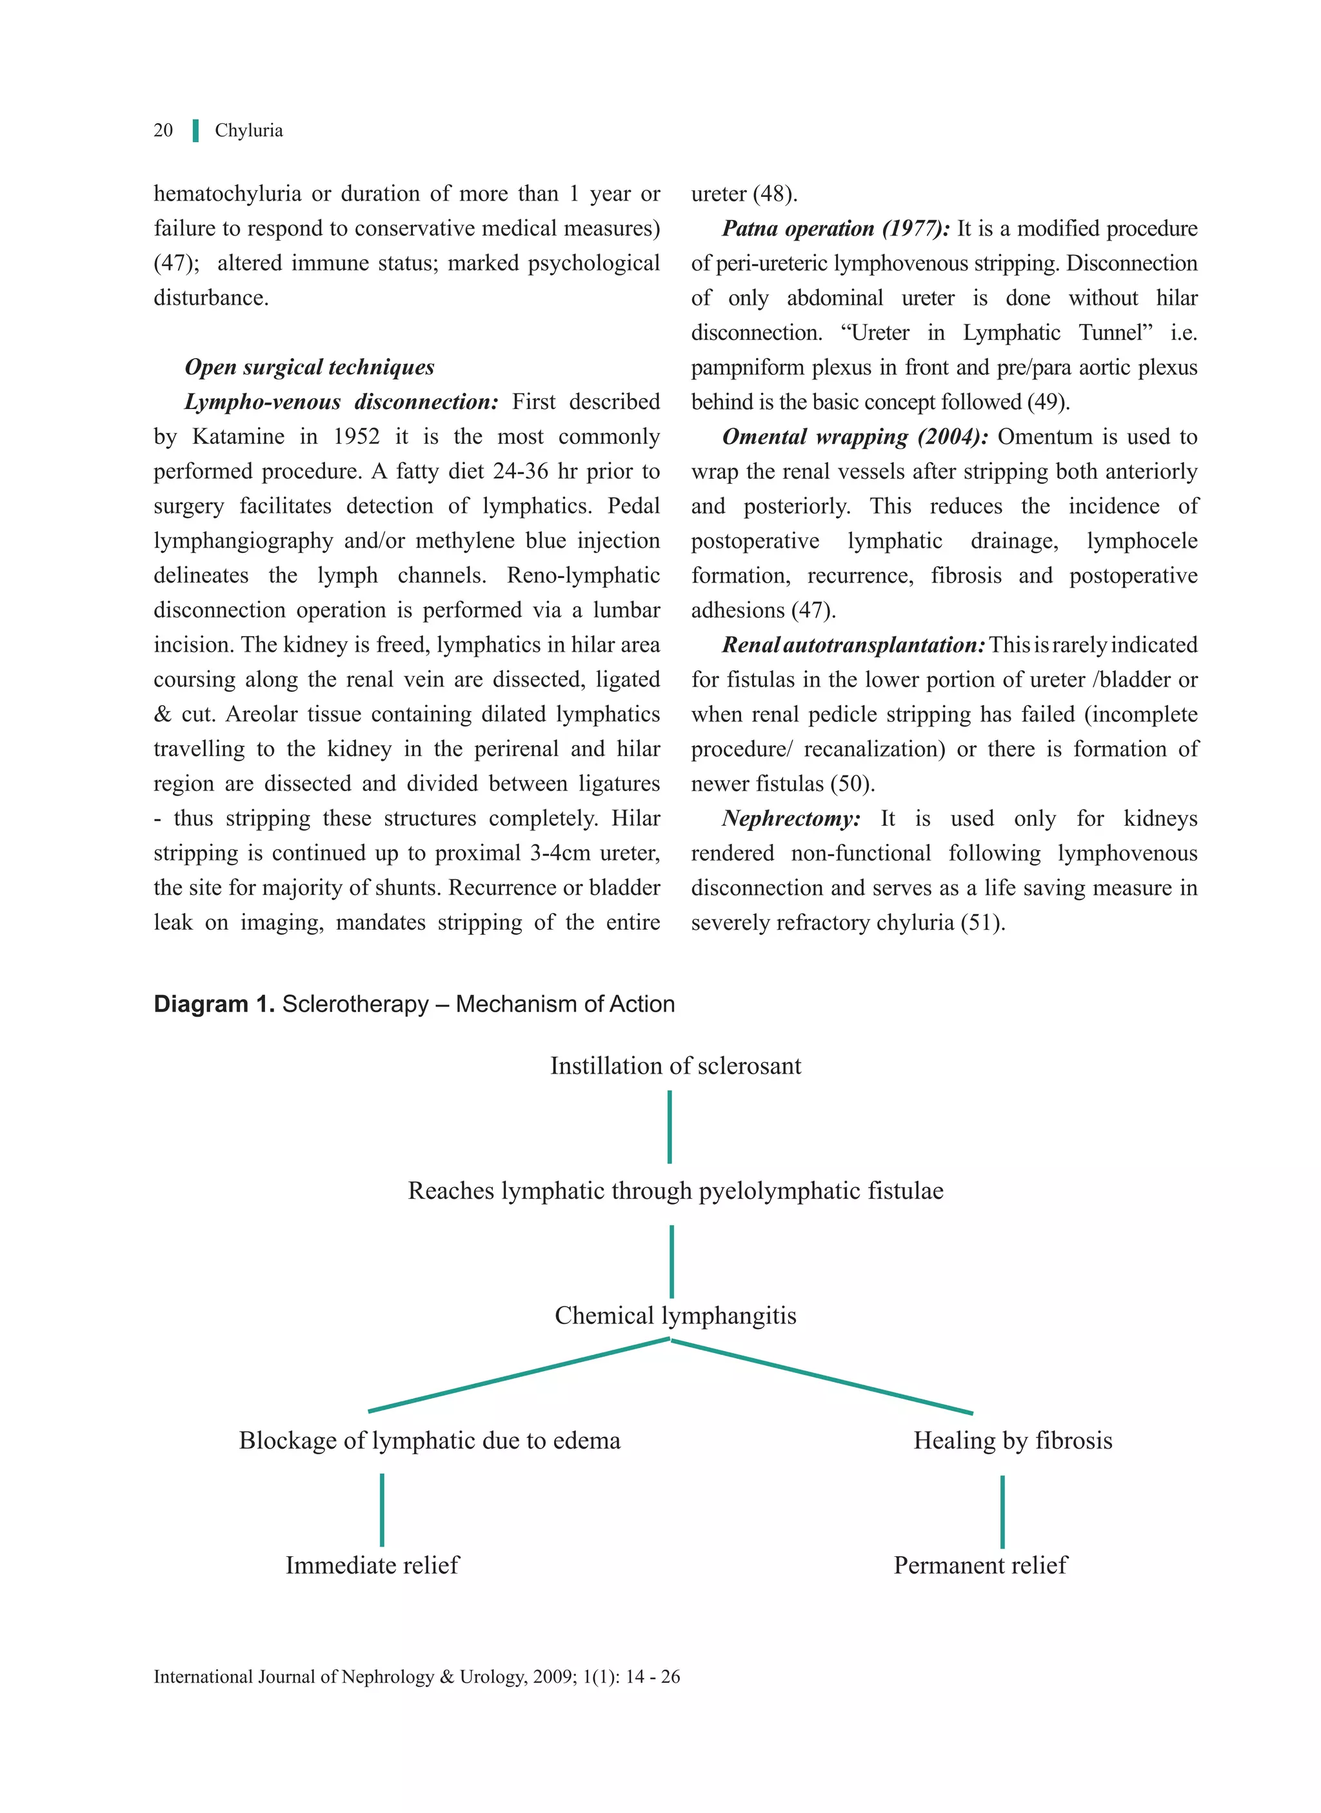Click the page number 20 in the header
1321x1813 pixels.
pyautogui.click(x=163, y=130)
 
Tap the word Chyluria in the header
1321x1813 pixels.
pyautogui.click(x=249, y=130)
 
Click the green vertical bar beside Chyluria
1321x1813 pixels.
pyautogui.click(x=195, y=130)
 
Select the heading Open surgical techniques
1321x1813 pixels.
pyautogui.click(x=310, y=367)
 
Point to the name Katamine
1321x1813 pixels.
pyautogui.click(x=237, y=437)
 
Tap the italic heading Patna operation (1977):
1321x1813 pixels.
pyautogui.click(x=835, y=229)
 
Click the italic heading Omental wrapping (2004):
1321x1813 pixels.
pyautogui.click(x=855, y=437)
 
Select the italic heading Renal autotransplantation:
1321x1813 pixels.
pyautogui.click(x=853, y=645)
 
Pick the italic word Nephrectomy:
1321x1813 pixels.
pyautogui.click(x=791, y=818)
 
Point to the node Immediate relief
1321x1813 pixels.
pyautogui.click(x=373, y=1565)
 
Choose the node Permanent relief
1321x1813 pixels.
pyautogui.click(x=980, y=1565)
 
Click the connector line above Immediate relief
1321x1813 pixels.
pyautogui.click(x=382, y=1509)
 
